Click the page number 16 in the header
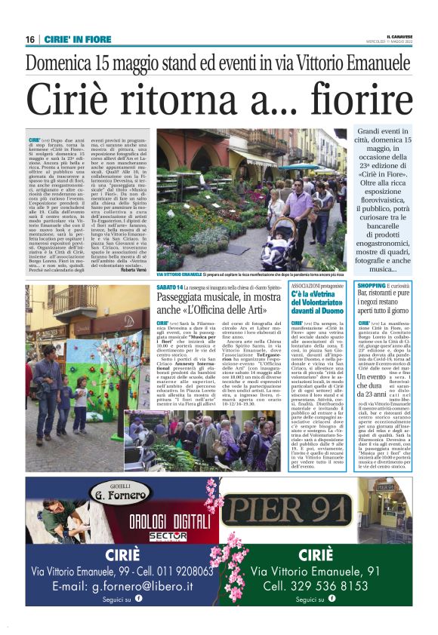(29, 39)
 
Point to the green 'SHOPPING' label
(370, 287)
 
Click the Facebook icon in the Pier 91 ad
(331, 600)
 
